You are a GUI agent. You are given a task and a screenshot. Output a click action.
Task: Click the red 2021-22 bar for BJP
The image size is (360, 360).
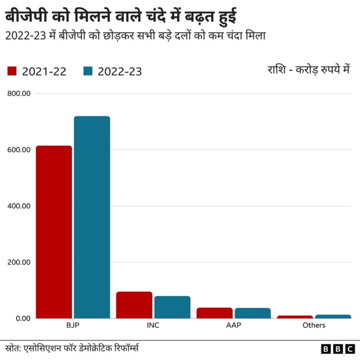click(54, 232)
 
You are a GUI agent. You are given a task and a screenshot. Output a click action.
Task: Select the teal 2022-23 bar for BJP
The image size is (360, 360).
click(92, 217)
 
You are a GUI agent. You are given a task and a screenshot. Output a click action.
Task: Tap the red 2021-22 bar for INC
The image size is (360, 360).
click(134, 305)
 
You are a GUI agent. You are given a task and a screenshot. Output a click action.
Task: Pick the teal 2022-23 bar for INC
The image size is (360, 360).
click(172, 307)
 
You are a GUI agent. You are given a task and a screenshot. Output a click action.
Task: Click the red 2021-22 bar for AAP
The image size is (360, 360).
click(214, 313)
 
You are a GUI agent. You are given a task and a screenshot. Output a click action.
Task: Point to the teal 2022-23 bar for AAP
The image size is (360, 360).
click(253, 313)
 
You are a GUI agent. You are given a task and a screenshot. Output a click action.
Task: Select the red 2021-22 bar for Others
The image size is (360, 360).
click(295, 317)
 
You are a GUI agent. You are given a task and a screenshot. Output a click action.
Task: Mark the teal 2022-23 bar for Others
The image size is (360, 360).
click(332, 316)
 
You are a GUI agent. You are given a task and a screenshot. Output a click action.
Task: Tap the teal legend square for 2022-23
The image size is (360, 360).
click(87, 71)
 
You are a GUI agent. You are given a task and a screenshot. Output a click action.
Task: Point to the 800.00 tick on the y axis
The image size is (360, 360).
click(19, 93)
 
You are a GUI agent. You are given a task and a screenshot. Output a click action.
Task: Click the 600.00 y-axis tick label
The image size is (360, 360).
click(19, 150)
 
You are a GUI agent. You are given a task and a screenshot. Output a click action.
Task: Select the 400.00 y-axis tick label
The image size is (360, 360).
click(19, 206)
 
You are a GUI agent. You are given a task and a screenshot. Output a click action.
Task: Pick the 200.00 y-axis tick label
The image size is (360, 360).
click(19, 262)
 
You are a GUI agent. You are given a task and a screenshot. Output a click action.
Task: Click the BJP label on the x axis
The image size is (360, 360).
click(73, 326)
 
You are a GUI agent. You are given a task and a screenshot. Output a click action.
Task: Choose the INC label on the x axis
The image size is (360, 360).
click(153, 326)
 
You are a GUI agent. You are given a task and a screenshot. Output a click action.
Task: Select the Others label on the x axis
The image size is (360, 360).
click(313, 326)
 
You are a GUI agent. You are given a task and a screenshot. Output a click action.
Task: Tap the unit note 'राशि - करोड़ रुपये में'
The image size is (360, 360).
click(309, 70)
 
